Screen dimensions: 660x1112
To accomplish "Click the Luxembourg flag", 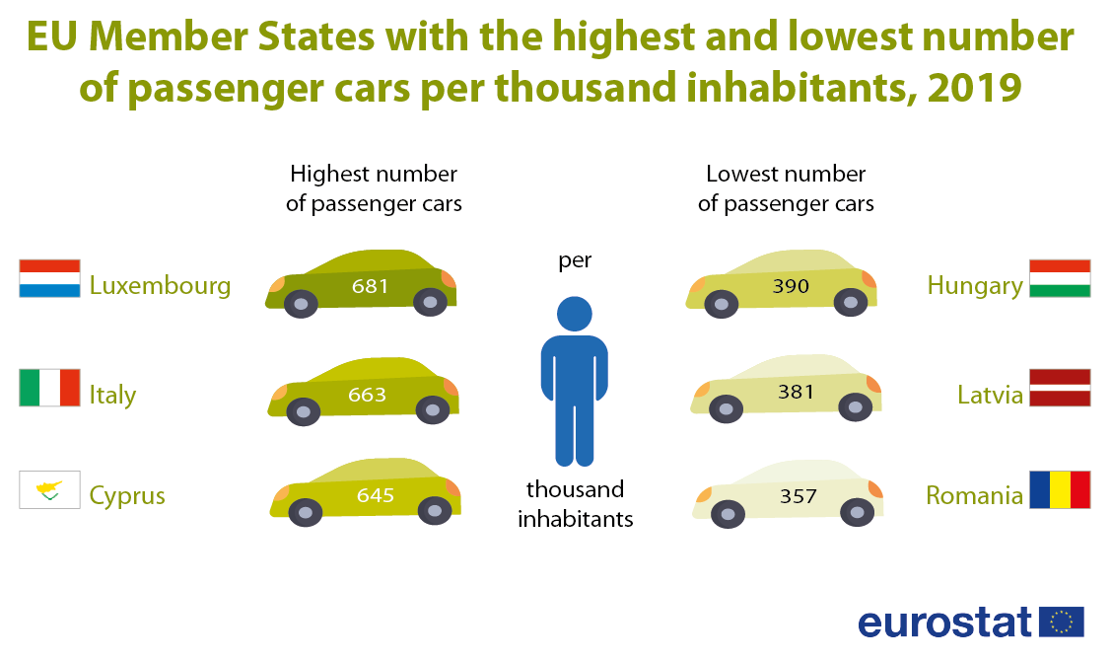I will (x=49, y=279).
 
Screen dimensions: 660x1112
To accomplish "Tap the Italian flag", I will (x=49, y=388).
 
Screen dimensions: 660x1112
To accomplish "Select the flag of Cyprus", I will (x=49, y=490).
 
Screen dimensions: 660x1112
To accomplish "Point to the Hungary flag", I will (x=1060, y=279).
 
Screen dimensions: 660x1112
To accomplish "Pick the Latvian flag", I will (x=1060, y=388).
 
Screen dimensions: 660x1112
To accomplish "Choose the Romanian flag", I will (x=1060, y=489).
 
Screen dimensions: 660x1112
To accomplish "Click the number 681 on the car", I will (x=370, y=287).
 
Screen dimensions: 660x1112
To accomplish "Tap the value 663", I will (x=367, y=395).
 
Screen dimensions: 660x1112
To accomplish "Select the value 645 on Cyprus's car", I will (x=375, y=495).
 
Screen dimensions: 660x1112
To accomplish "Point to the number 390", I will (x=791, y=287).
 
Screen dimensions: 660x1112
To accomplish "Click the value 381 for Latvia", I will (x=796, y=392).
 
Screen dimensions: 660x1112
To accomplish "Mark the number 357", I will (x=798, y=496).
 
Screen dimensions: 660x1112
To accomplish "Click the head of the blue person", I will (x=575, y=315).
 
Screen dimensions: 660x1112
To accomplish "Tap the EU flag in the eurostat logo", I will (x=1062, y=623).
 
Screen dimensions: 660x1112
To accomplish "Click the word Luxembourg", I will (x=160, y=286).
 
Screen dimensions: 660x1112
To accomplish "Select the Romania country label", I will (x=974, y=495).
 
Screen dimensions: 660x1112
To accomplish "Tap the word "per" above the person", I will (x=575, y=261).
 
